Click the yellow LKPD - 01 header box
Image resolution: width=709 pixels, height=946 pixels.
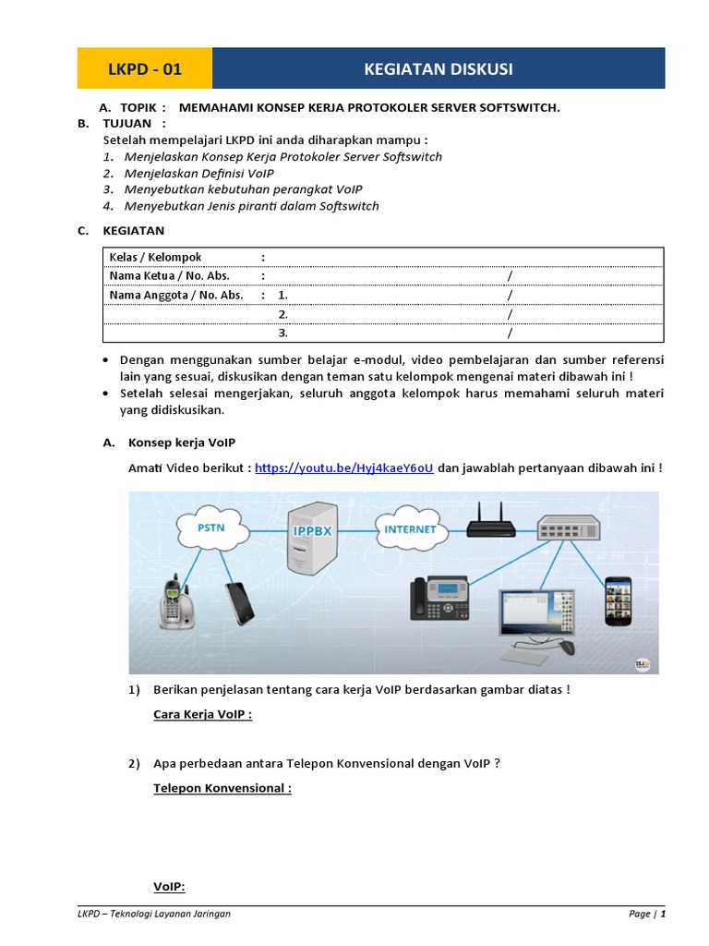[144, 69]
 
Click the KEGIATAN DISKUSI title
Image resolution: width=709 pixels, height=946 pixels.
[439, 69]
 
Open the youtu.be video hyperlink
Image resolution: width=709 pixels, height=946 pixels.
[343, 468]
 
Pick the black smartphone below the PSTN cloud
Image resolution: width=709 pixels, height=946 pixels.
[237, 601]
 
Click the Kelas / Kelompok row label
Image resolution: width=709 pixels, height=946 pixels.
[155, 257]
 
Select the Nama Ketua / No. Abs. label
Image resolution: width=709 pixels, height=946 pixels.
[169, 275]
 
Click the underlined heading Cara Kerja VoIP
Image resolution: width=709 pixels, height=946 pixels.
[202, 714]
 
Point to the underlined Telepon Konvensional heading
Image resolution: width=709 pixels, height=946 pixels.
[222, 788]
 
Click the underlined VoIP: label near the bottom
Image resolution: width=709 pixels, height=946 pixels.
[169, 887]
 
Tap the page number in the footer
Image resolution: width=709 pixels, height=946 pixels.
[662, 914]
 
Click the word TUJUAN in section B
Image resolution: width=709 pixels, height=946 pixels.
[128, 123]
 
